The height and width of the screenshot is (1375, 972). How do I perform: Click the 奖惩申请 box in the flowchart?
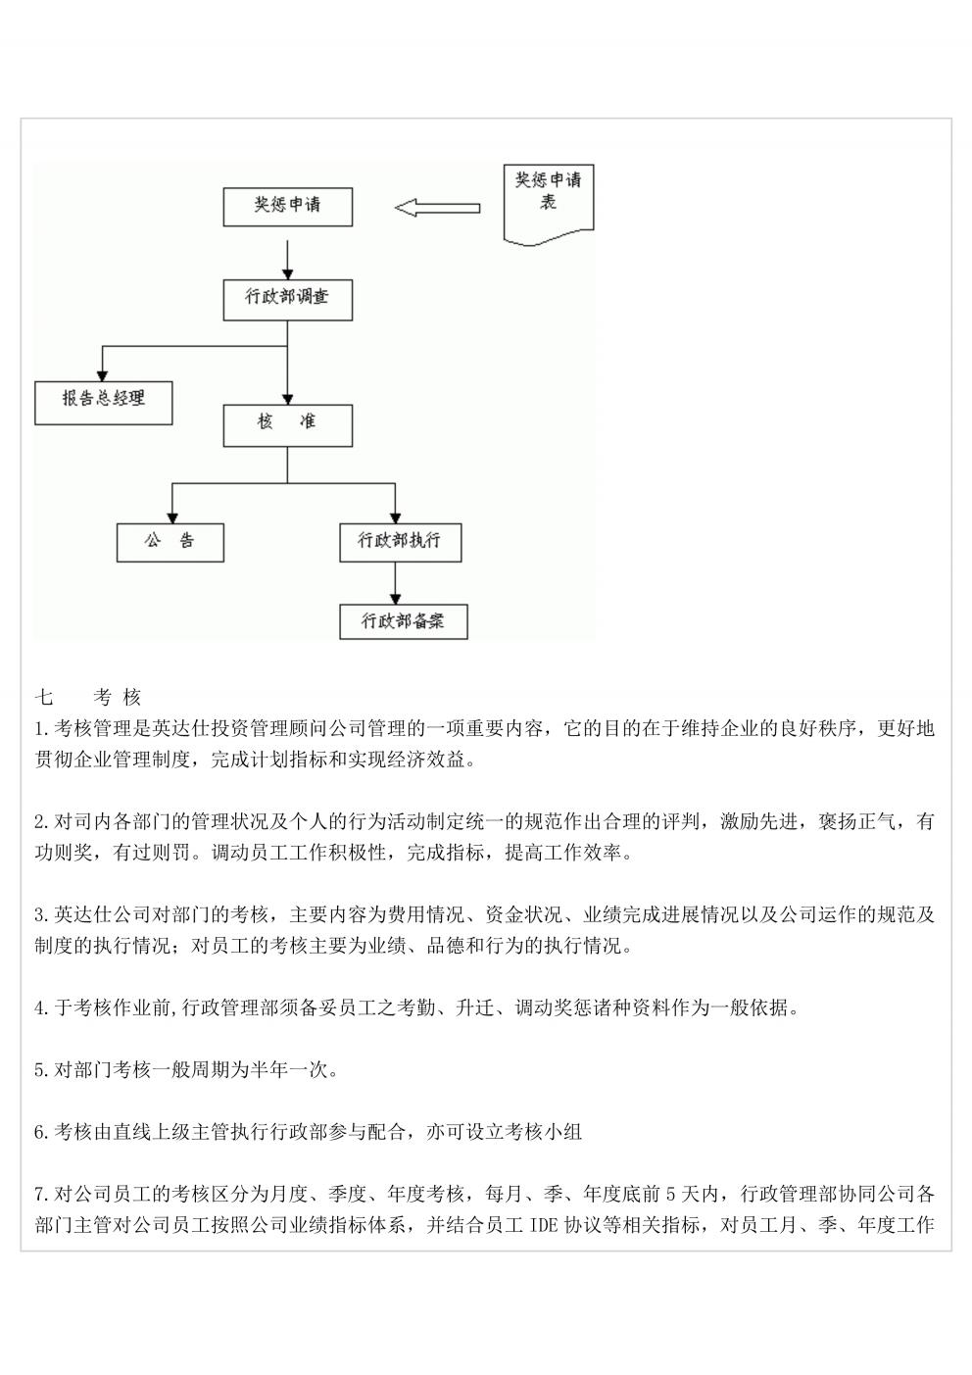point(288,207)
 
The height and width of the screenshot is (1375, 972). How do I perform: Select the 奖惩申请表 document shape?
point(549,204)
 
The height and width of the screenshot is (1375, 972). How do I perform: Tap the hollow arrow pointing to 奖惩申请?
point(438,208)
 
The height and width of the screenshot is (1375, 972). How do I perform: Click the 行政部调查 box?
point(288,300)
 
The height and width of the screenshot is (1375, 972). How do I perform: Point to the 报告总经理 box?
point(104,403)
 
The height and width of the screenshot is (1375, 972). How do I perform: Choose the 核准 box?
point(288,425)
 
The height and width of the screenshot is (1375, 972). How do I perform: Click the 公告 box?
point(170,543)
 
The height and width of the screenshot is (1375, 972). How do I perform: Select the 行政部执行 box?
point(401,543)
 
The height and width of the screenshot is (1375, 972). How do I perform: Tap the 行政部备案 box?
point(404,621)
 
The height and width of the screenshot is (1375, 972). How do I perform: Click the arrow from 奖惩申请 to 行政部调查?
point(288,261)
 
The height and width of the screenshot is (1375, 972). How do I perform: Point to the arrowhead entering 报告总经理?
point(103,375)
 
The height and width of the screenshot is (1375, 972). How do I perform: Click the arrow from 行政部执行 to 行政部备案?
point(395,583)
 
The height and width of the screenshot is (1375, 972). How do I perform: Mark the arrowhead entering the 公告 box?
point(173,518)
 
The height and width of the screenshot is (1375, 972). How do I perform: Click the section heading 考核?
point(118,698)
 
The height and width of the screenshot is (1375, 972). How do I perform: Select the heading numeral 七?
point(44,698)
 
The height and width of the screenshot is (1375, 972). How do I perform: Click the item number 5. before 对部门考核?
point(43,1070)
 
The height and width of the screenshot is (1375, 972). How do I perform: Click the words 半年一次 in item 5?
point(290,1070)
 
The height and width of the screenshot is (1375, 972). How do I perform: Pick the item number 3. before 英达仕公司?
point(43,915)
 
